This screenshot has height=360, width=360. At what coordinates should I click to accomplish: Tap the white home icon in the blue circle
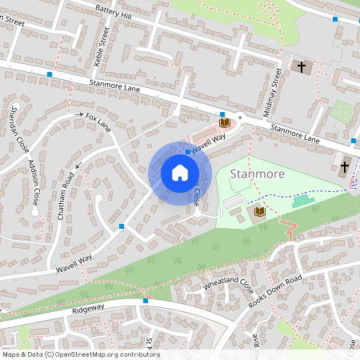click(179, 173)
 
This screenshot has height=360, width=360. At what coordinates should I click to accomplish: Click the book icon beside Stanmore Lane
click(224, 122)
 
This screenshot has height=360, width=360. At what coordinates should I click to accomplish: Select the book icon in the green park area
click(259, 211)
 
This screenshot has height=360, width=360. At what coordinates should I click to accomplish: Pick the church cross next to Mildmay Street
click(302, 67)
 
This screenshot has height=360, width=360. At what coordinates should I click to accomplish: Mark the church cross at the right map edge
click(345, 167)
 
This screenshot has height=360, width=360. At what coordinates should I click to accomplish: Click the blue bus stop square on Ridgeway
click(146, 301)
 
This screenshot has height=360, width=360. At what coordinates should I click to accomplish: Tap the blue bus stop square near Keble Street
click(50, 74)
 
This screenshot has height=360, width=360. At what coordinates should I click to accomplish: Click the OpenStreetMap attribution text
click(80, 354)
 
